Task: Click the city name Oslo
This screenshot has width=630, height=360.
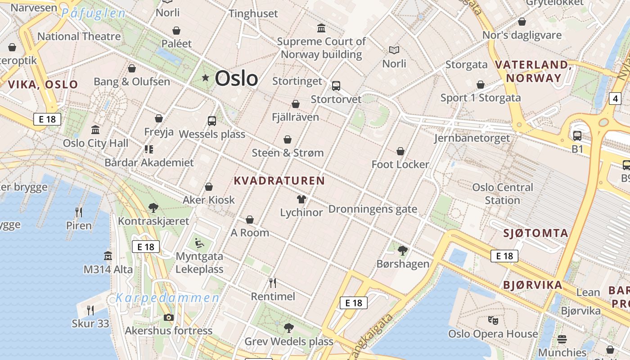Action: coord(236,78)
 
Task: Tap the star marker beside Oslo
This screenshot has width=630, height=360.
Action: coord(206,78)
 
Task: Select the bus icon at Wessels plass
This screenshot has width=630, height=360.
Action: coord(212,121)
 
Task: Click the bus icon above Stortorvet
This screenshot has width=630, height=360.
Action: coord(336,85)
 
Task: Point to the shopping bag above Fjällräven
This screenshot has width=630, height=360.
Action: coord(296,104)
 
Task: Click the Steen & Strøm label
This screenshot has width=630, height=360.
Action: coord(288,153)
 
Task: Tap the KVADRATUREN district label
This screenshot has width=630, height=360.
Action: coord(279,181)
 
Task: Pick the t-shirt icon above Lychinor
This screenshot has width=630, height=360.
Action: coord(301,199)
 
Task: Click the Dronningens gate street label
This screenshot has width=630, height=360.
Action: coord(373,209)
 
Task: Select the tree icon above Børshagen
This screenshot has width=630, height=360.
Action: coord(403,250)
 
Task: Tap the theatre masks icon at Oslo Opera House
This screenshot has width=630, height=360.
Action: coord(493,320)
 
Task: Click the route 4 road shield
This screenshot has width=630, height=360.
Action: coord(615,99)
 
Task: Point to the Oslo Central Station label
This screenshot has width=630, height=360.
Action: coord(502,193)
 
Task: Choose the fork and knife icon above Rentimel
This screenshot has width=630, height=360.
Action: coord(272,283)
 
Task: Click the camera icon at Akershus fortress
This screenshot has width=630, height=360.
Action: coord(168,317)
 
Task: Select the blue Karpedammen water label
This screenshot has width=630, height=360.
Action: coord(167,297)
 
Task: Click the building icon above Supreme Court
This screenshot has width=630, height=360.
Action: coord(321,28)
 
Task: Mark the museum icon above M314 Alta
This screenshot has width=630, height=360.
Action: coord(108,256)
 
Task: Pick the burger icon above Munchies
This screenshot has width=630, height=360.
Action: coord(562,339)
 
